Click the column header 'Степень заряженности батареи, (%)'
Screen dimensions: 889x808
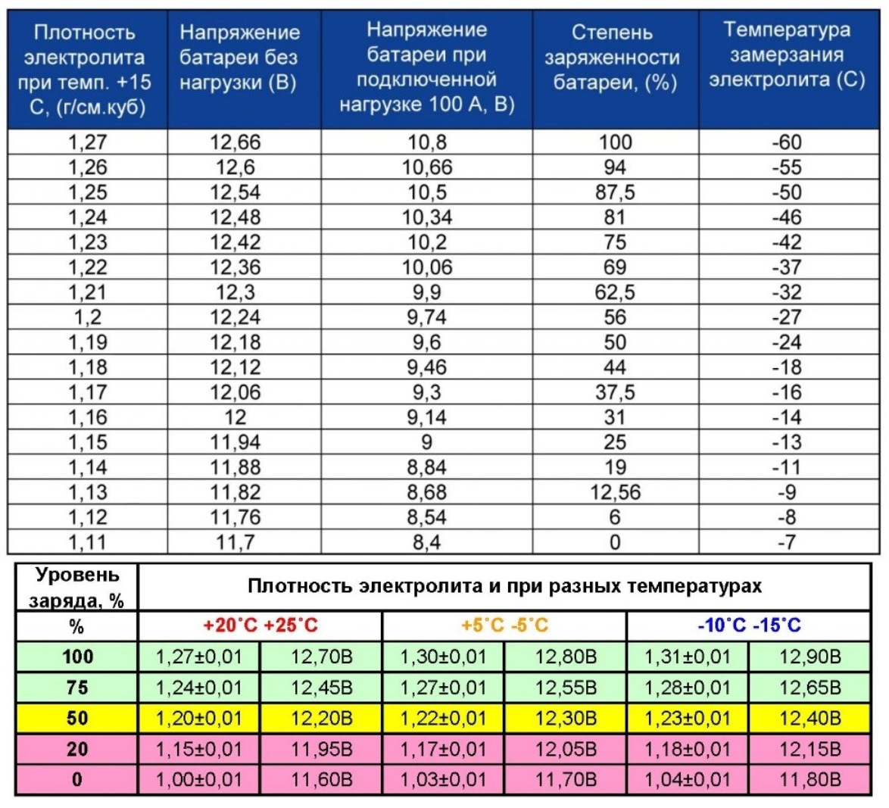(x=615, y=58)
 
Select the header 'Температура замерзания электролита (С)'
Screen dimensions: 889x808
(x=788, y=55)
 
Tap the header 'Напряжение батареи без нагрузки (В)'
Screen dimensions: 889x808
(x=239, y=58)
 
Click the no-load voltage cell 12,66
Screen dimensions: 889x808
(x=236, y=142)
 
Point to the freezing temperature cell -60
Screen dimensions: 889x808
(x=787, y=142)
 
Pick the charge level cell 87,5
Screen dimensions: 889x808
(x=615, y=192)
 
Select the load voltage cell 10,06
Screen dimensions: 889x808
(x=427, y=267)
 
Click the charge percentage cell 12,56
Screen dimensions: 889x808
(x=615, y=492)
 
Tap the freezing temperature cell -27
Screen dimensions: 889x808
(x=787, y=317)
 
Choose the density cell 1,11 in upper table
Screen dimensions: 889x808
(x=87, y=543)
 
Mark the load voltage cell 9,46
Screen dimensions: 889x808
(x=427, y=367)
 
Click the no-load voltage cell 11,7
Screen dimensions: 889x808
(x=236, y=543)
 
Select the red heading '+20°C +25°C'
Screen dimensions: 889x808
(x=260, y=625)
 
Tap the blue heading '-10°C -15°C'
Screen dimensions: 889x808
(x=749, y=625)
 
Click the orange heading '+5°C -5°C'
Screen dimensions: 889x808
(x=504, y=625)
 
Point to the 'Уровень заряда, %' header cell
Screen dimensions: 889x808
(x=76, y=587)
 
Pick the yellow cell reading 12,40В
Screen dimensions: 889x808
(x=810, y=719)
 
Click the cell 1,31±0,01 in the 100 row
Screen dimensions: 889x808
(x=688, y=657)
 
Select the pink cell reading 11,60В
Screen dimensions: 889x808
(x=322, y=780)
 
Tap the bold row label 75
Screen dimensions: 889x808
(x=77, y=688)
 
